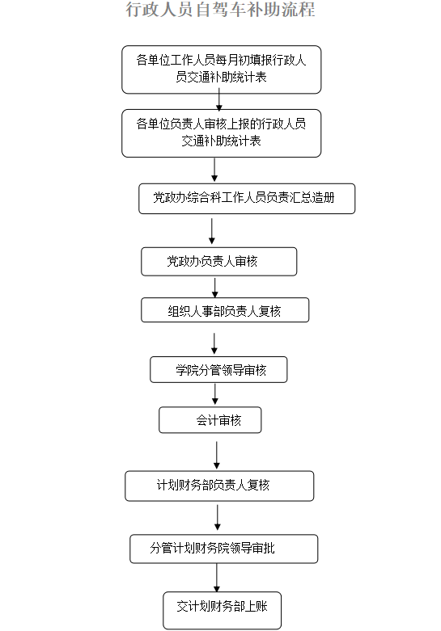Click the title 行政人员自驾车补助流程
click(x=220, y=9)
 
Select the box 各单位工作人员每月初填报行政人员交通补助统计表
click(x=221, y=69)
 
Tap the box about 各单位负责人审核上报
click(x=221, y=133)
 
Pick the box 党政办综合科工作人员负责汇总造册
click(x=247, y=199)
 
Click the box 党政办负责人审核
click(x=219, y=262)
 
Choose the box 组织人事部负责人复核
click(x=225, y=310)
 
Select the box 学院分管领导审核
click(x=218, y=369)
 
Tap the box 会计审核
click(x=210, y=420)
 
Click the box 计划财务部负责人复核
click(x=219, y=486)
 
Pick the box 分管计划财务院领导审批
click(x=223, y=549)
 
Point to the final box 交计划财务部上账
click(x=222, y=610)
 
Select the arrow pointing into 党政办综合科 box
click(x=214, y=170)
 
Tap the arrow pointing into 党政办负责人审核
click(x=212, y=231)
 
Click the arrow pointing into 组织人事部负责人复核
click(x=215, y=288)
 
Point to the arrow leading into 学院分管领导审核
click(x=214, y=343)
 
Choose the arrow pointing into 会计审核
click(x=215, y=394)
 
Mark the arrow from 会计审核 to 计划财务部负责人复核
click(x=217, y=455)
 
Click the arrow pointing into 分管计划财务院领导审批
click(x=218, y=518)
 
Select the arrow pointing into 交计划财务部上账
click(x=217, y=578)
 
